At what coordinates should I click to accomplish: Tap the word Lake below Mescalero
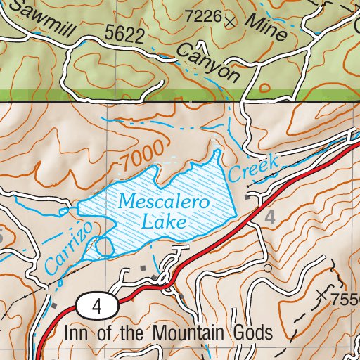click(x=163, y=222)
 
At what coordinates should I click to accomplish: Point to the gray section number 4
click(x=269, y=218)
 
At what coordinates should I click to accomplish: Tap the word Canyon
click(x=209, y=61)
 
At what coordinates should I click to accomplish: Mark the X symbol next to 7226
click(x=230, y=22)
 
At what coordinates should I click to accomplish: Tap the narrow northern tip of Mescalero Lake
click(x=217, y=153)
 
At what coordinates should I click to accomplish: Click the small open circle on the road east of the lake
click(x=267, y=268)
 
